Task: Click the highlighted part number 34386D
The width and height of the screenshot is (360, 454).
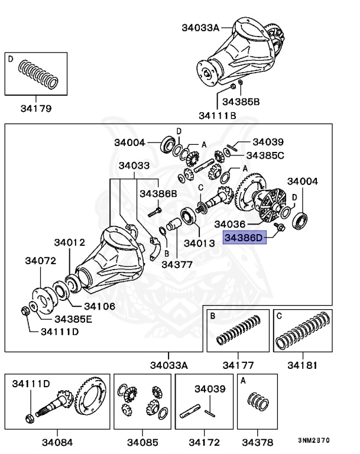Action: tap(244, 238)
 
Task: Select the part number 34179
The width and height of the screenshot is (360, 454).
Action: tap(35, 108)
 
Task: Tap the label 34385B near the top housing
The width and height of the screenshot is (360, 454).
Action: tap(241, 102)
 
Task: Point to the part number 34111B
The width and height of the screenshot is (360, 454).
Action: tap(217, 115)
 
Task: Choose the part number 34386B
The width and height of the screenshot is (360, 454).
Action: tap(158, 193)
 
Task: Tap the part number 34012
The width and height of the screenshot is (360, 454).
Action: tap(70, 242)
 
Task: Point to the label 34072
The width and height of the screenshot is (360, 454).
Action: tap(40, 260)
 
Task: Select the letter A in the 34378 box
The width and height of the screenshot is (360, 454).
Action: tap(243, 382)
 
